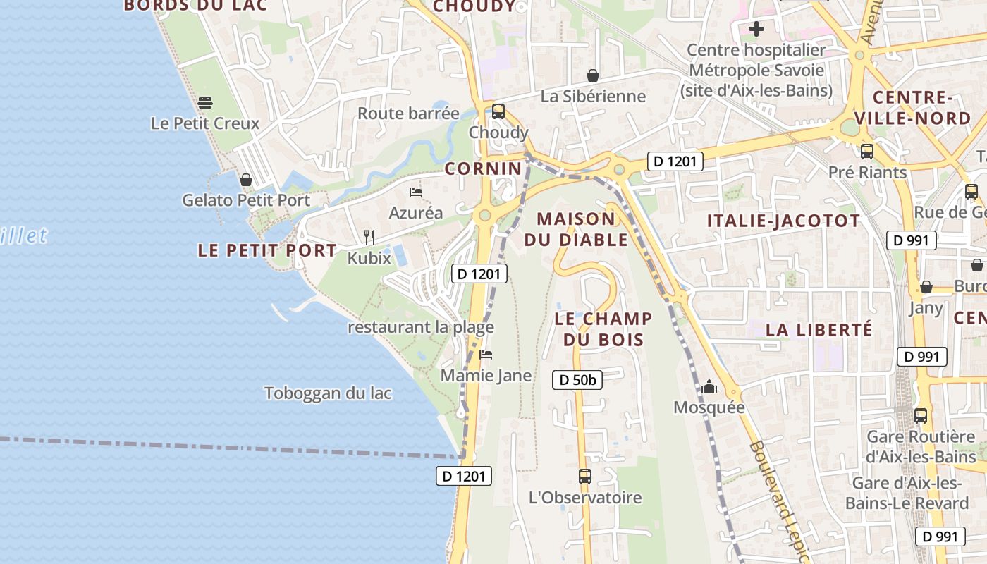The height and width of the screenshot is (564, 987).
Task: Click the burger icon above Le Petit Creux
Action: coord(205,103)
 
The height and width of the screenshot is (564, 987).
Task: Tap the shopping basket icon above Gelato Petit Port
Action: coord(246,180)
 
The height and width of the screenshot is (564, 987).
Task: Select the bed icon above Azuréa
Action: coord(416,192)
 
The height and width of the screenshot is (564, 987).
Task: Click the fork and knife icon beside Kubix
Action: coord(369,237)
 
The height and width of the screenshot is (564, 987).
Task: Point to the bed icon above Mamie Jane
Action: coord(486,355)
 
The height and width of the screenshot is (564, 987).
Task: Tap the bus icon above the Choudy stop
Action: coord(498,111)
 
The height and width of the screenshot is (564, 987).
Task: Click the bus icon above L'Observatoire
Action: coord(585,477)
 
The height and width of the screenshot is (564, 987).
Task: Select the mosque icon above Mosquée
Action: coord(709,386)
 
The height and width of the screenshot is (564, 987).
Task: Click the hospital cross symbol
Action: coord(756,29)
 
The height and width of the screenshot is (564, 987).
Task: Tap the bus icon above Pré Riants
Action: coord(867,151)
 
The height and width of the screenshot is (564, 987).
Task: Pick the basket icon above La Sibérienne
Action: coord(593,75)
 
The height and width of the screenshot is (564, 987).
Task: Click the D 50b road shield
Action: coord(577,380)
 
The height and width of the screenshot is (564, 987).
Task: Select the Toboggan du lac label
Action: coord(328,393)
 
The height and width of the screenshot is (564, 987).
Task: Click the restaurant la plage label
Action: coord(421,327)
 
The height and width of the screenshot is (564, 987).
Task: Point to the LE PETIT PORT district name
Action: coord(267,250)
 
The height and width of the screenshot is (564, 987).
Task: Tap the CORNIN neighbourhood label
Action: coord(484,168)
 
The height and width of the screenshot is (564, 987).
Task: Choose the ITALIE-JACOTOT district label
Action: coord(784,221)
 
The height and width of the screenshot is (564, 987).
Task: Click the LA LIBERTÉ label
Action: coord(819,329)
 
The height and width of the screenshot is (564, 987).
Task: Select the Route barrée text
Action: coord(408,114)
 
